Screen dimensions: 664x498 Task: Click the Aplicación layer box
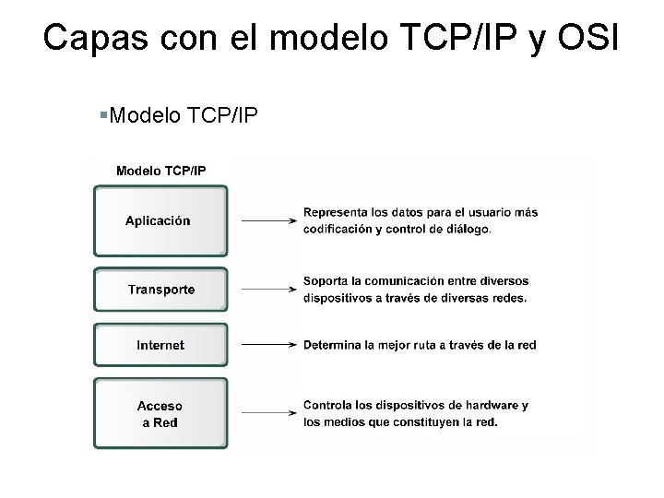159,220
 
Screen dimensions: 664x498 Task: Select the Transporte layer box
160,290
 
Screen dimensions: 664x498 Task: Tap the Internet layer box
160,345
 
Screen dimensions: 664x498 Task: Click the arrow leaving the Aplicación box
267,221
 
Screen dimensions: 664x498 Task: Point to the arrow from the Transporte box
267,290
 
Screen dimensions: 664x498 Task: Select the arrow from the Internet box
267,345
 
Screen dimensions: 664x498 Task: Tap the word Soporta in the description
326,280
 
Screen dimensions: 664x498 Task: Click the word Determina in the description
333,345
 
